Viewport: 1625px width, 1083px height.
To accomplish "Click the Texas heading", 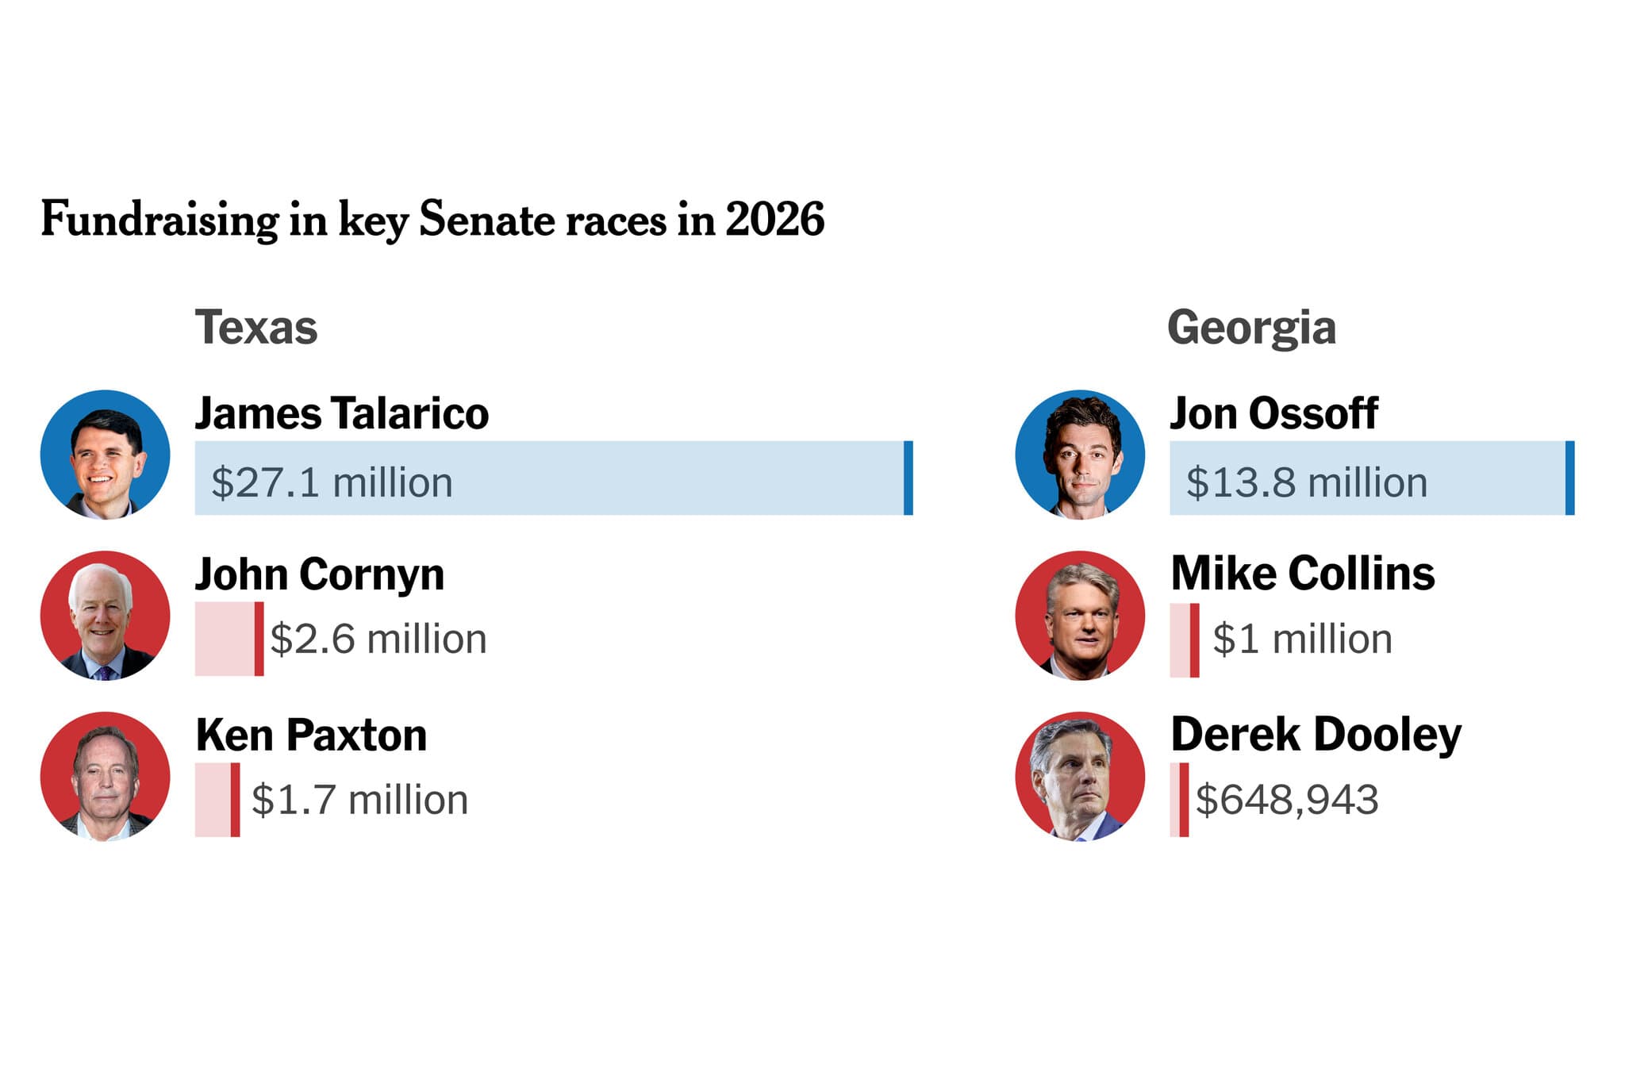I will click(255, 327).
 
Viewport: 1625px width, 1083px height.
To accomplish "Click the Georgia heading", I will click(1251, 327).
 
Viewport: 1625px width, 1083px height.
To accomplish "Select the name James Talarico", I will click(342, 413).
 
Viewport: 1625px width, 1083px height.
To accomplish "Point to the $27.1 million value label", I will click(332, 482).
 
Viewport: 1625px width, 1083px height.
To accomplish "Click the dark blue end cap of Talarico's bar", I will click(908, 478).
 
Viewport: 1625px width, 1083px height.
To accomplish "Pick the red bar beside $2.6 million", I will click(229, 639).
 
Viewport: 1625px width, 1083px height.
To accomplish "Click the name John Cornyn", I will click(320, 574).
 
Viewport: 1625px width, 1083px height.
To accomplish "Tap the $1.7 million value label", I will click(359, 800).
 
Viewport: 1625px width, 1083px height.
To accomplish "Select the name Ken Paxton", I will click(311, 735).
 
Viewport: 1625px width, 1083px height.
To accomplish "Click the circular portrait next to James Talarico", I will click(106, 455).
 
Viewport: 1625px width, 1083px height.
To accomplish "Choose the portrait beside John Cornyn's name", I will click(106, 616).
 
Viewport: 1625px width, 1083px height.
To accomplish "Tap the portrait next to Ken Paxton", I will click(106, 776).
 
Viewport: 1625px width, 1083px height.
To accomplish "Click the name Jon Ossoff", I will click(1273, 413).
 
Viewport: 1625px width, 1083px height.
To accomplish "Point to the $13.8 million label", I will click(1306, 482).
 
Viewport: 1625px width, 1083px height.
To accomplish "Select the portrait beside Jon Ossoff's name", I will click(1080, 455).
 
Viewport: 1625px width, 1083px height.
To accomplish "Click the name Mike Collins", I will click(1303, 574).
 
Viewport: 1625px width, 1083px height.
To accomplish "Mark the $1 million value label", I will click(1302, 639).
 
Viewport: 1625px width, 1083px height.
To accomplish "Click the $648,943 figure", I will click(1286, 800).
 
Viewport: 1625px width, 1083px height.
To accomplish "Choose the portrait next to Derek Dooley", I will click(1080, 776).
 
